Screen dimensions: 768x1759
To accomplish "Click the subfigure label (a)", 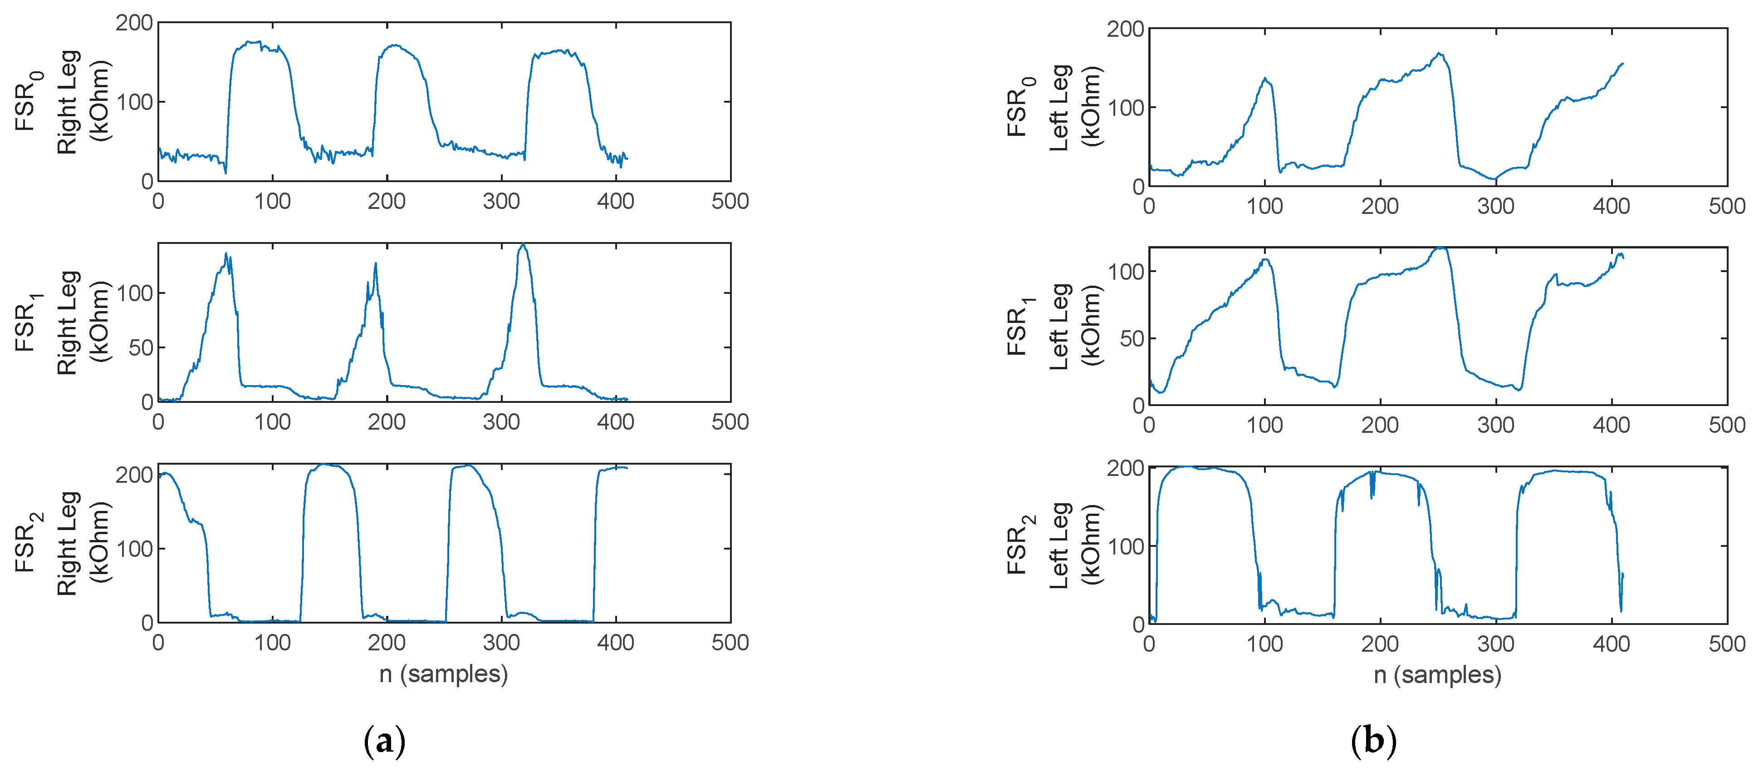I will pyautogui.click(x=385, y=741).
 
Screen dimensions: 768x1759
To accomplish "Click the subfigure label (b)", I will pyautogui.click(x=1373, y=741).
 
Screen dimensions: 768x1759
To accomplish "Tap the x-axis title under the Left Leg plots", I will pyautogui.click(x=1437, y=675).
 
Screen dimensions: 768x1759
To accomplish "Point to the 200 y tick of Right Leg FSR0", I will pyautogui.click(x=134, y=23).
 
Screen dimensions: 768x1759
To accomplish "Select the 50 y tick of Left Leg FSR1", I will pyautogui.click(x=1132, y=339).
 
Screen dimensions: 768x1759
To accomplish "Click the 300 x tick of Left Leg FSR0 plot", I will pyautogui.click(x=1495, y=206).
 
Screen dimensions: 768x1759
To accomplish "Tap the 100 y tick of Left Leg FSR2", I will pyautogui.click(x=1125, y=547).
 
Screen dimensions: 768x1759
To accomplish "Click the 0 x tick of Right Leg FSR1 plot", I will pyautogui.click(x=158, y=421).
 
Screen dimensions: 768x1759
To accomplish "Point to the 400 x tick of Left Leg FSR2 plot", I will pyautogui.click(x=1612, y=644).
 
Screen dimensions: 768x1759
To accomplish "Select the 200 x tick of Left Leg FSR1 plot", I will pyautogui.click(x=1380, y=425).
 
